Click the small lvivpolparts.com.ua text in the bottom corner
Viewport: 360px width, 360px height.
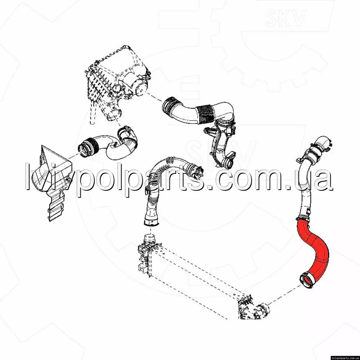click(345, 358)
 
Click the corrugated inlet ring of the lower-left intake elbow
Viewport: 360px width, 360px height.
click(89, 147)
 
